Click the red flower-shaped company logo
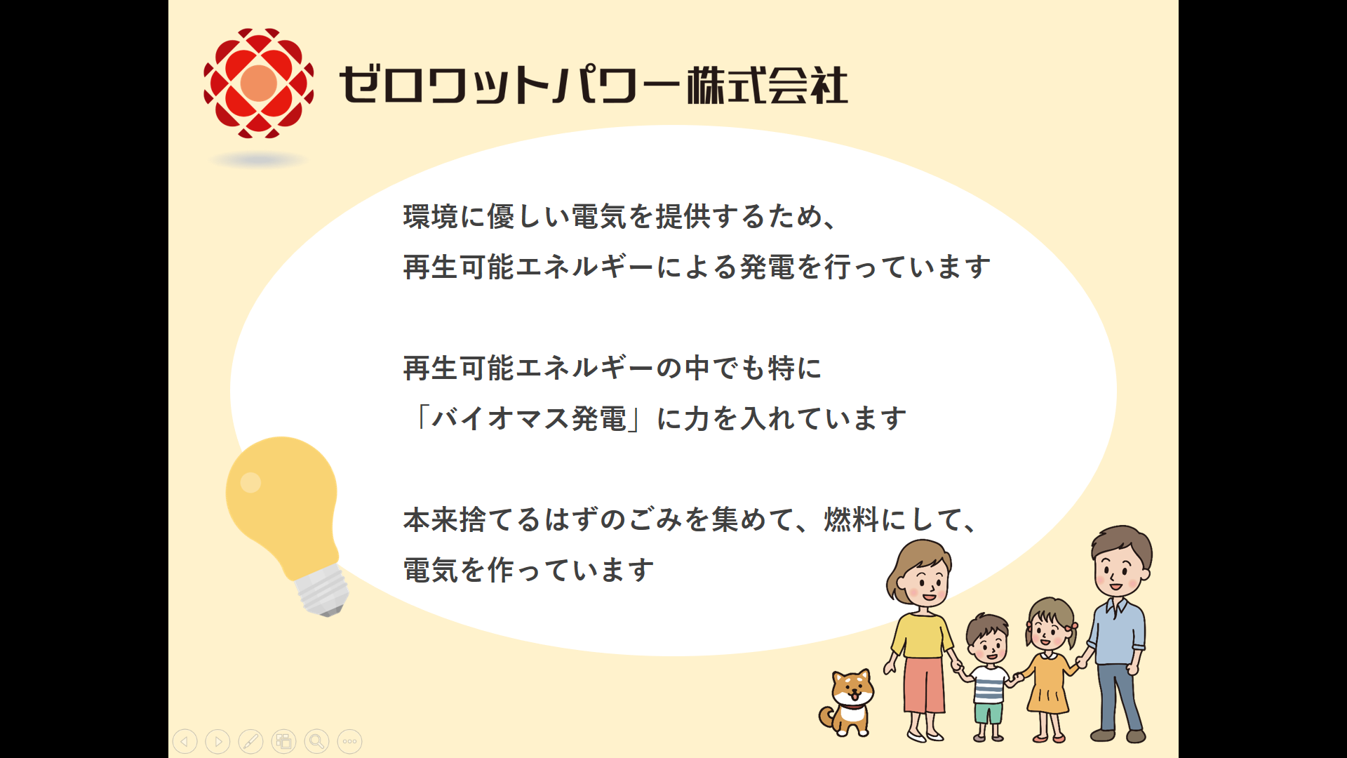point(258,83)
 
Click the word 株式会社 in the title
point(767,86)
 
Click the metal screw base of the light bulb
point(322,591)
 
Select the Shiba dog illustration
point(847,703)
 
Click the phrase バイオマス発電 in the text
point(528,418)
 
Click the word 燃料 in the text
point(851,519)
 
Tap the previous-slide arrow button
point(185,741)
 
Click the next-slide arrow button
point(218,741)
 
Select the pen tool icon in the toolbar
point(251,741)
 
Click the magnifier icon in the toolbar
point(317,741)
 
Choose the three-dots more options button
point(350,741)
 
